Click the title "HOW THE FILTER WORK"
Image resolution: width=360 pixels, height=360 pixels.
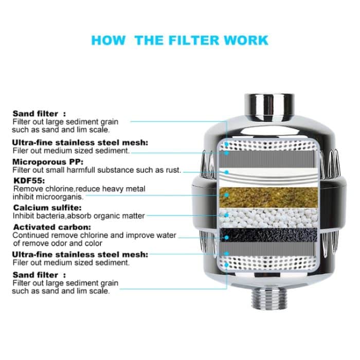[x=179, y=40]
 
